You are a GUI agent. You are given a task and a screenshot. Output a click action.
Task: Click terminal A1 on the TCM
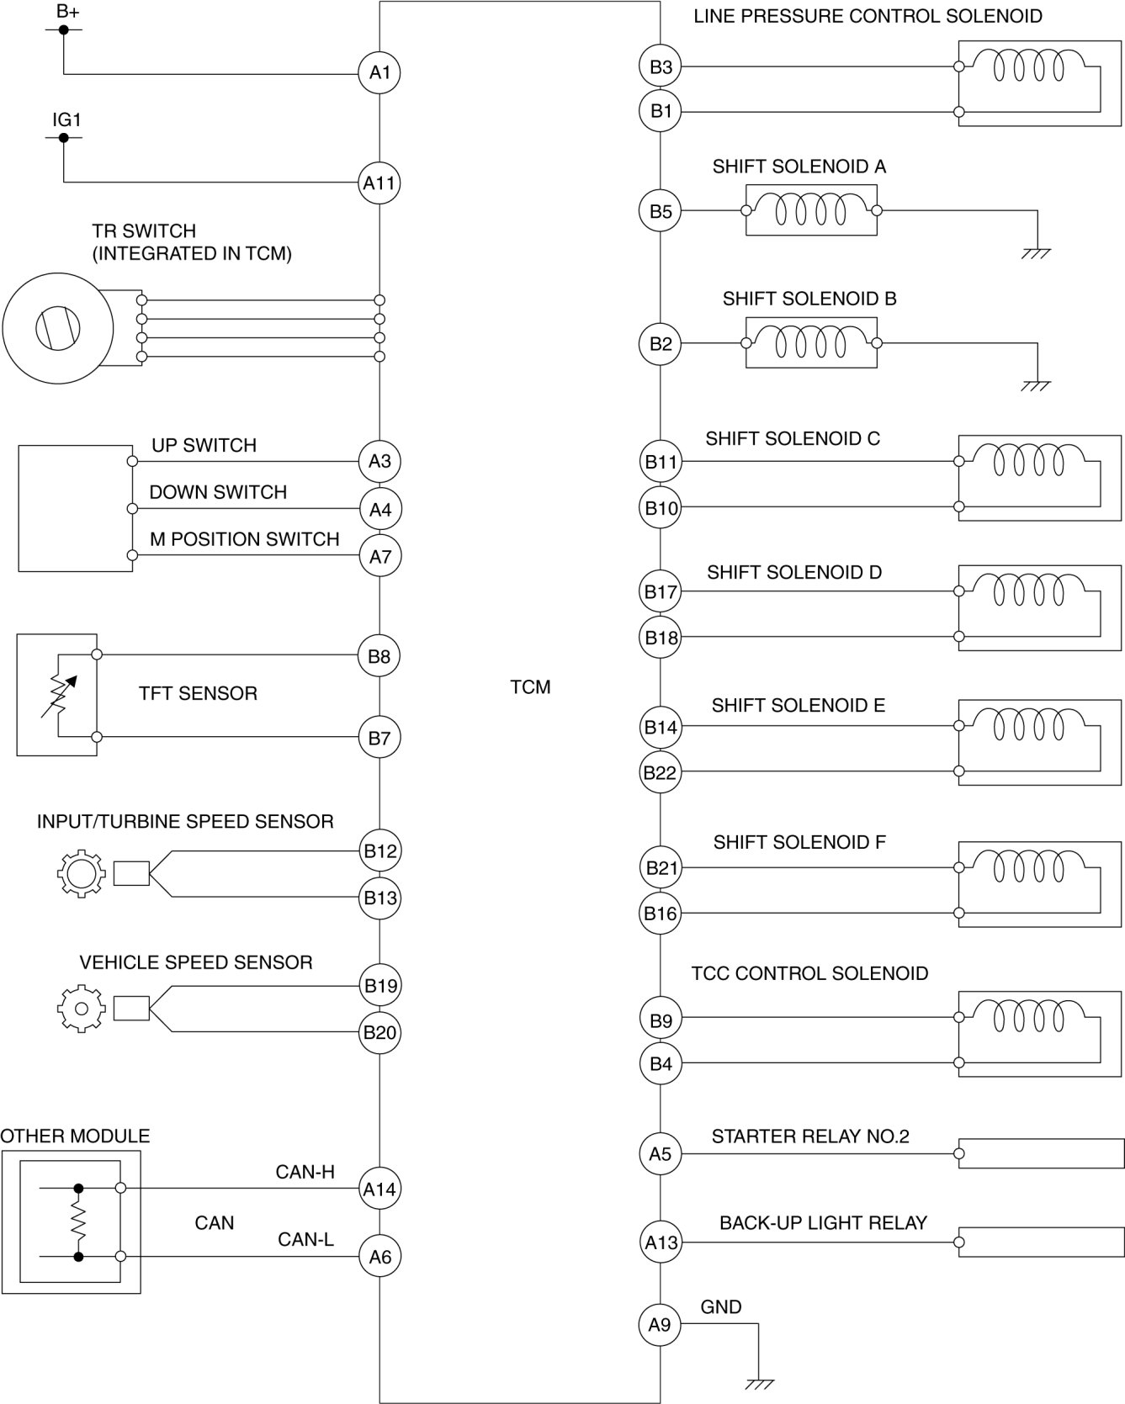click(379, 72)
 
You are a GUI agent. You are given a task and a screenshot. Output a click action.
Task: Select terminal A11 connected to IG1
click(379, 183)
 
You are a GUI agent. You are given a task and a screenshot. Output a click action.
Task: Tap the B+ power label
click(67, 12)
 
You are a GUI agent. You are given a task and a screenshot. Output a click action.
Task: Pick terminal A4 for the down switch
click(380, 509)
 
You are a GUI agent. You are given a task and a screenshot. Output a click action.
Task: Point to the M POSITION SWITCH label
click(244, 539)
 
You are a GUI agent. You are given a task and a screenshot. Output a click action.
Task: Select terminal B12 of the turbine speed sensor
click(380, 850)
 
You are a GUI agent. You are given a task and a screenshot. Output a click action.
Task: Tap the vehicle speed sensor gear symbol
click(82, 1008)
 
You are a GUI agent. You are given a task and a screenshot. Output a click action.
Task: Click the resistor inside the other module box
click(78, 1222)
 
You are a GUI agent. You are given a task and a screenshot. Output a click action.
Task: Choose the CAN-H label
click(305, 1172)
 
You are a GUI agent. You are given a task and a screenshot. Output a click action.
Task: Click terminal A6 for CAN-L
click(380, 1256)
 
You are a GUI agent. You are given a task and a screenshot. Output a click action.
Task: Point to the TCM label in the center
click(530, 687)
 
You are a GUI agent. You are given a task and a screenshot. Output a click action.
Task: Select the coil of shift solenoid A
click(811, 209)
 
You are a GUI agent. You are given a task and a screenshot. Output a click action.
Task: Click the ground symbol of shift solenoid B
click(1037, 385)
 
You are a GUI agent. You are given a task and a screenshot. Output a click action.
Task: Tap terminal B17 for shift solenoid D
click(661, 591)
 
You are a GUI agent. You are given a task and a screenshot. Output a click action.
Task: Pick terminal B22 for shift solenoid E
click(660, 772)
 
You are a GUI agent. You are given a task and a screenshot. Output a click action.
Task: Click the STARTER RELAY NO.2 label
click(810, 1136)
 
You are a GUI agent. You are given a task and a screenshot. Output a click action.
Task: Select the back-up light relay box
click(1039, 1243)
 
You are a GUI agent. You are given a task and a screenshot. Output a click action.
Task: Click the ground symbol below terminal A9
click(759, 1383)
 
